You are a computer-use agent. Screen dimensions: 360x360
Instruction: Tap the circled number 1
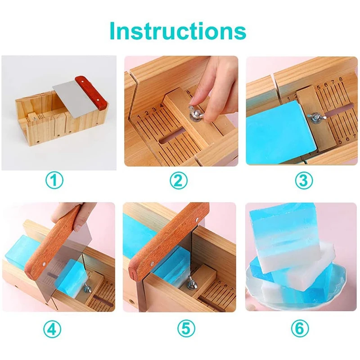(55, 181)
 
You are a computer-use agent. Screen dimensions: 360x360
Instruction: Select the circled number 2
(179, 181)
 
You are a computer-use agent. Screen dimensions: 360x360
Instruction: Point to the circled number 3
(304, 181)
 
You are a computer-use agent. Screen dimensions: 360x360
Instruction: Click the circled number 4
(55, 329)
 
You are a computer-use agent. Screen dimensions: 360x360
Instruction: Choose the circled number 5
(179, 329)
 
